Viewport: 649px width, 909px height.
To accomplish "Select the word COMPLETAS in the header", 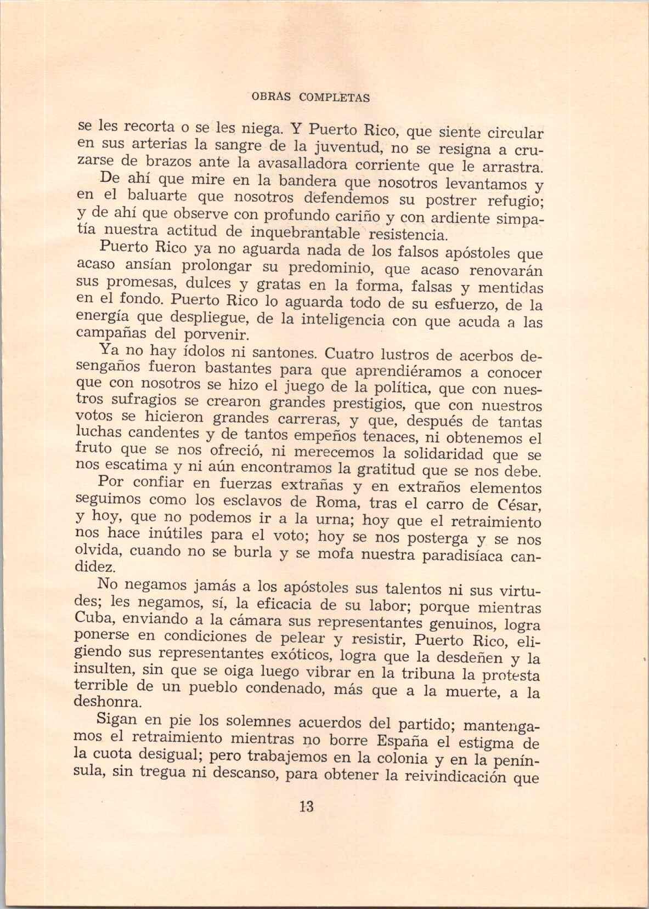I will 335,98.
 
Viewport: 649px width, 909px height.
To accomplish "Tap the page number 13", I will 306,807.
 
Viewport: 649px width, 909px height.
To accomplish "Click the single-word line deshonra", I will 108,702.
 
